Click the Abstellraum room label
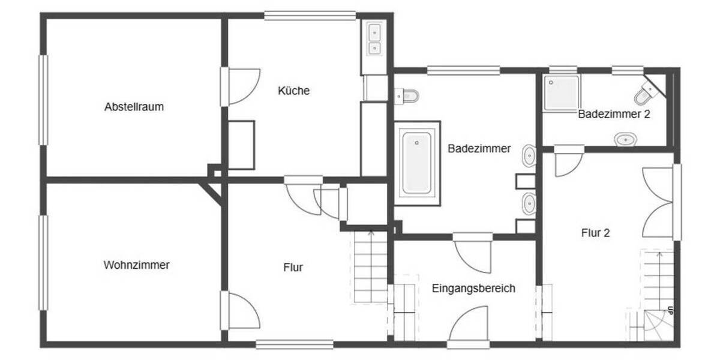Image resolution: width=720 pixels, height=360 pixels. [134, 107]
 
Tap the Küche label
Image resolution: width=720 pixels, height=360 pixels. [294, 91]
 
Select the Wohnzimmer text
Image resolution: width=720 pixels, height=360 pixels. [136, 265]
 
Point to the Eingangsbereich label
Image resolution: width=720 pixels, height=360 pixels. [473, 288]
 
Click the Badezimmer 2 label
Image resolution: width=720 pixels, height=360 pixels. [614, 113]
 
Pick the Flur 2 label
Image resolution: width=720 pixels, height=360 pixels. [595, 233]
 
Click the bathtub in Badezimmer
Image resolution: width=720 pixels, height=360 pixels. [416, 163]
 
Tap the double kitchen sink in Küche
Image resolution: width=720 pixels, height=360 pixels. [374, 38]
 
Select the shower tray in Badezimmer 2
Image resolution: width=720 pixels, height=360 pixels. [562, 93]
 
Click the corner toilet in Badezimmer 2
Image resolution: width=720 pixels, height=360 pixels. [646, 94]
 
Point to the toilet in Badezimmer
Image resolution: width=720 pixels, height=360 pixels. [408, 95]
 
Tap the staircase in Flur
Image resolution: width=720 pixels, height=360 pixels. [370, 267]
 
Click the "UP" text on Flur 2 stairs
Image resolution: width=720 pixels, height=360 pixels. [670, 311]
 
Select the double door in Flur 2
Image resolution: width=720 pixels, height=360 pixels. [659, 203]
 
